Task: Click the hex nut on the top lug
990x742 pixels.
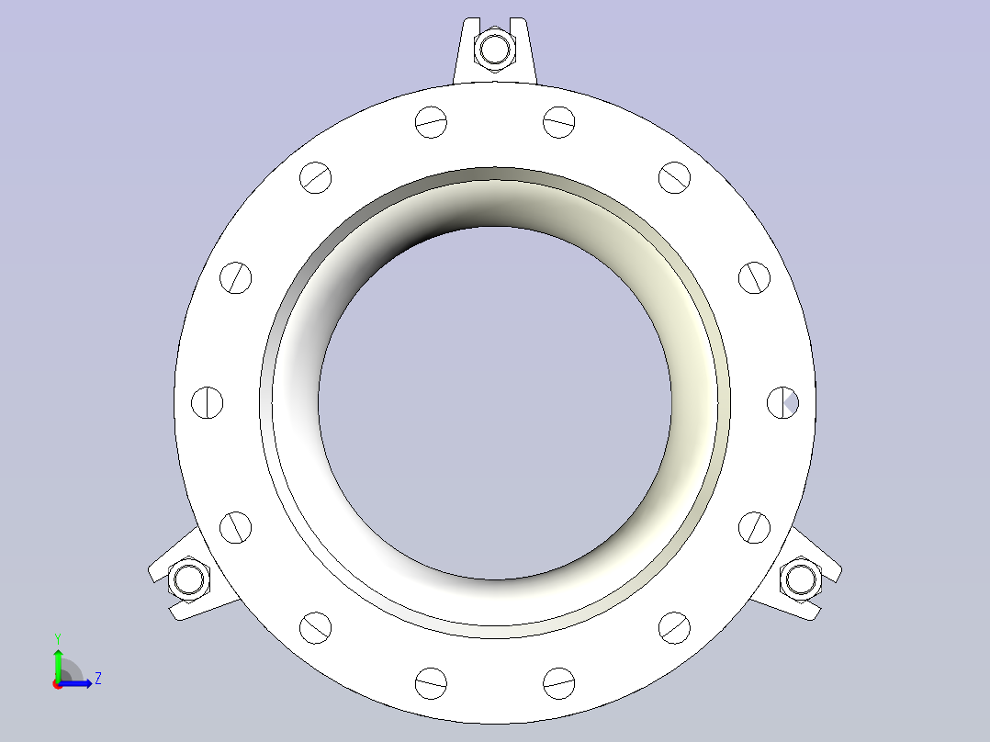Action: pos(495,48)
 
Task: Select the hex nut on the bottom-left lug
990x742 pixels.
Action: pos(190,579)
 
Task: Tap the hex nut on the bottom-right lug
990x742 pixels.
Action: pos(800,579)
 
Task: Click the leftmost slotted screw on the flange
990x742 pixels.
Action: pos(207,402)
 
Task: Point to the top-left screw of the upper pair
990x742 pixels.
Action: pos(431,121)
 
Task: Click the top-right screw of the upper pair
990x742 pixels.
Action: pos(558,121)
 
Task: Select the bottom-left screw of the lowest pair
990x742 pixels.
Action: pos(431,682)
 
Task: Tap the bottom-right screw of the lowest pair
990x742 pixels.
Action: pos(558,682)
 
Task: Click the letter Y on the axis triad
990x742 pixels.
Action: pos(58,637)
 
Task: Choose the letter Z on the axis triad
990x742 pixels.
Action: pos(97,679)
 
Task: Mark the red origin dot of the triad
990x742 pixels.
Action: pos(58,684)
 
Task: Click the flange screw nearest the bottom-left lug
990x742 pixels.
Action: pos(235,527)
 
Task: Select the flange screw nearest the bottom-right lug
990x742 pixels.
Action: pos(754,527)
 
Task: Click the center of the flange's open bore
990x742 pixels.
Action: pos(495,402)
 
